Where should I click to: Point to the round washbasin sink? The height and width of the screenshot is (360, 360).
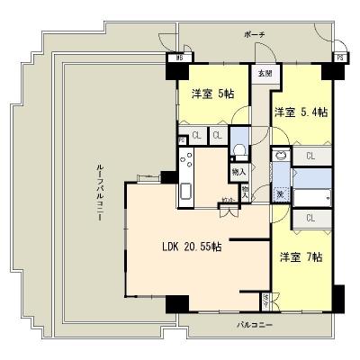[281, 156]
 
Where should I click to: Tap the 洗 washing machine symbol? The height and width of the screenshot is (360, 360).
[280, 194]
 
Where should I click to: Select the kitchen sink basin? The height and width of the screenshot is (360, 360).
[186, 192]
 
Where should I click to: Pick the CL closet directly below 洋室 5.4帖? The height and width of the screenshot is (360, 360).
[309, 157]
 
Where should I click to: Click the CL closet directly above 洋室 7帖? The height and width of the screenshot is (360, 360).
[309, 218]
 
